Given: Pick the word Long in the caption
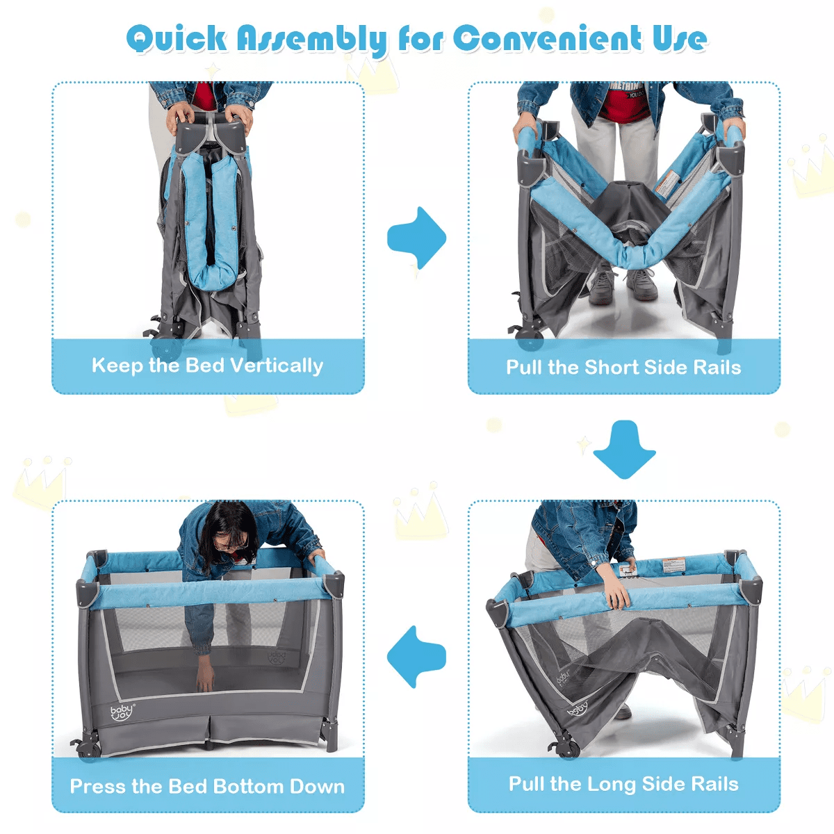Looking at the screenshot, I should tap(611, 785).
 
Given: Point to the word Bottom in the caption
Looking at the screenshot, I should tap(248, 787).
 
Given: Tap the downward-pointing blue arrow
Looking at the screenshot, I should tap(624, 450).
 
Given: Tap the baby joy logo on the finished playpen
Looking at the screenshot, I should tap(122, 712).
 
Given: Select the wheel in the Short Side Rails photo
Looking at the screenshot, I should tap(530, 338).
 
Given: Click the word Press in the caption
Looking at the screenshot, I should tap(97, 787).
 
